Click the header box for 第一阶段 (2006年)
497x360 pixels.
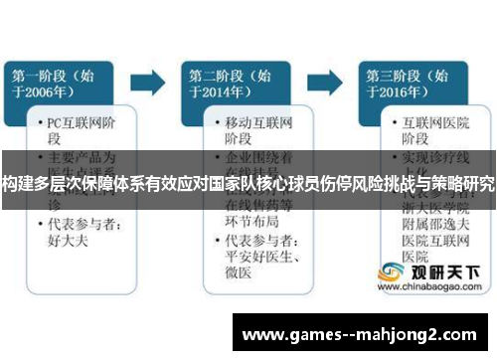64,82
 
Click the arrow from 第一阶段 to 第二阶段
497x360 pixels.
150,79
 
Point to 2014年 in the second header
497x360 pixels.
221,93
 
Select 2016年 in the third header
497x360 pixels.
396,93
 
